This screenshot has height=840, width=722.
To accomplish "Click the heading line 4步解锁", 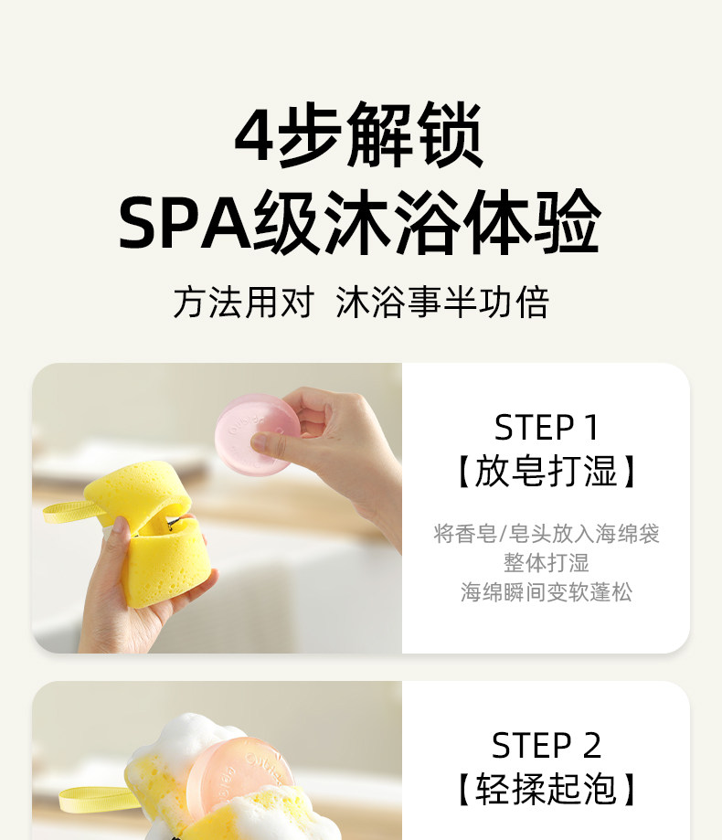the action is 359,135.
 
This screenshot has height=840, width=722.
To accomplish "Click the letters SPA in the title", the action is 185,223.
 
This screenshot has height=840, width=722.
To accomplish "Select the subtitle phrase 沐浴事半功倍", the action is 442,303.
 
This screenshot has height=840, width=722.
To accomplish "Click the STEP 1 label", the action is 546,428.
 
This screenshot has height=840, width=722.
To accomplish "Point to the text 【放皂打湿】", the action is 546,471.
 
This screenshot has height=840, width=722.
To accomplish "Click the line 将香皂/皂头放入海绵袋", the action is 546,534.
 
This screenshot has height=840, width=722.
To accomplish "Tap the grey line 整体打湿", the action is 546,563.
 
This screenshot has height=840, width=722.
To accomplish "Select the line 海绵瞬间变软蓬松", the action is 546,592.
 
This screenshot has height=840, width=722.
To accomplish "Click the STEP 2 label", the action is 546,745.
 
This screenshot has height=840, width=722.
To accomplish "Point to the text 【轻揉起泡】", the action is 546,789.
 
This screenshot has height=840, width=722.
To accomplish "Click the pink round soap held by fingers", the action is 257,433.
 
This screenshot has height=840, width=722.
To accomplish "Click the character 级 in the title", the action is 285,223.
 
